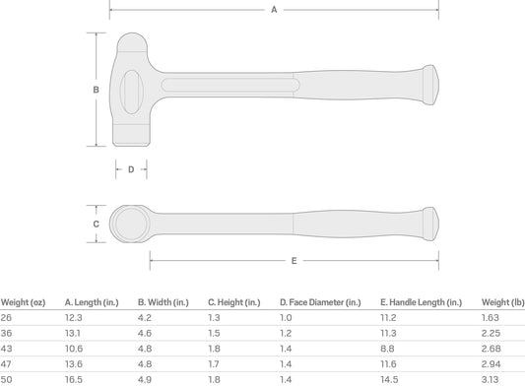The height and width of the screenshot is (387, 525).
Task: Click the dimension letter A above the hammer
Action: pos(274,10)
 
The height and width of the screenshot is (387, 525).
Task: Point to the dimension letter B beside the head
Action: pos(97,90)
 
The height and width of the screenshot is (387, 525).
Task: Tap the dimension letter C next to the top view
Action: pos(97,224)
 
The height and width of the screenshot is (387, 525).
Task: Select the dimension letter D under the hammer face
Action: pos(131,169)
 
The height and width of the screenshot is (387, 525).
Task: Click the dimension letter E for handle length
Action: pos(294,261)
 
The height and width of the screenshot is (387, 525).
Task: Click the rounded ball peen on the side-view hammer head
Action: pos(132,42)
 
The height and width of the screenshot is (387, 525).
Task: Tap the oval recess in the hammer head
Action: pos(132,92)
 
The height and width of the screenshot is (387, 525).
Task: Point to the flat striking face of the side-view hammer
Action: pos(131,135)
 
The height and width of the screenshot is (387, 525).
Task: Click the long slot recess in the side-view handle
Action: pos(230,85)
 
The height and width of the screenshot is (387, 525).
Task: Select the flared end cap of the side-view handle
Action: pos(430,85)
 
